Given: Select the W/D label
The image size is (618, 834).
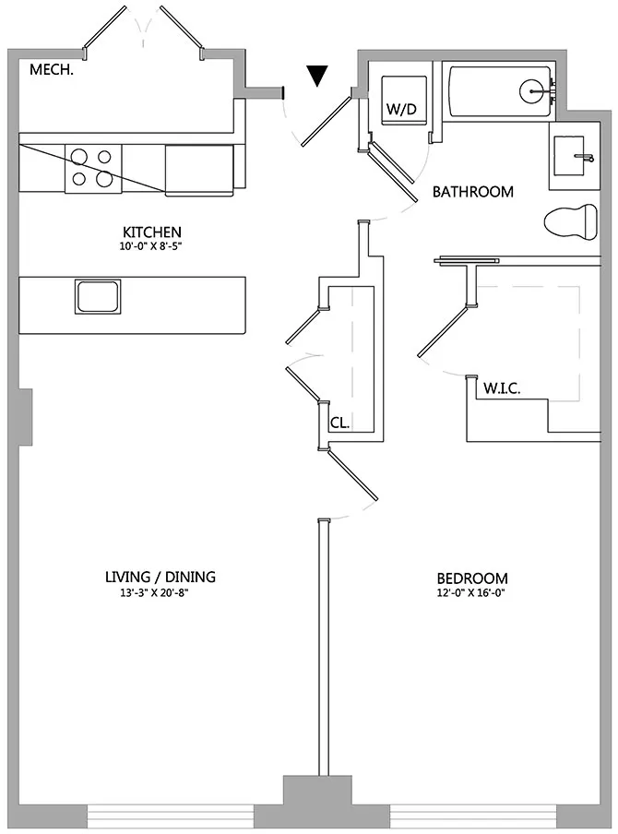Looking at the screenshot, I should pyautogui.click(x=401, y=110).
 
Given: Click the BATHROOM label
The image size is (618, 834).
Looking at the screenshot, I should pyautogui.click(x=472, y=192).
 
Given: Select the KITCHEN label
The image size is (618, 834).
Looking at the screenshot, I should pyautogui.click(x=152, y=232).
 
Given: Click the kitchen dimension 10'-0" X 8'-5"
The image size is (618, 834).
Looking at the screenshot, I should pyautogui.click(x=152, y=246).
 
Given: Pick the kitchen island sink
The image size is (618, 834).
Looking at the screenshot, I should pyautogui.click(x=98, y=297).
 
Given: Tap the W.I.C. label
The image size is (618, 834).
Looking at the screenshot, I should pyautogui.click(x=503, y=388).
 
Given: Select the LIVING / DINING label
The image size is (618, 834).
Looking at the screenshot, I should pyautogui.click(x=160, y=578).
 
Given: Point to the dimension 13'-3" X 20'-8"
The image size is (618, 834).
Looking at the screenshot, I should pyautogui.click(x=160, y=592).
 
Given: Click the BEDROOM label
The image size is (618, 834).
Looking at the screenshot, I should pyautogui.click(x=472, y=578).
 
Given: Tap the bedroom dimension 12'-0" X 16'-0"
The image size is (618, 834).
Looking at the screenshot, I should pyautogui.click(x=472, y=593).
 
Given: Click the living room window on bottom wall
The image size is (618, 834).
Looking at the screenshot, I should pyautogui.click(x=171, y=816).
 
